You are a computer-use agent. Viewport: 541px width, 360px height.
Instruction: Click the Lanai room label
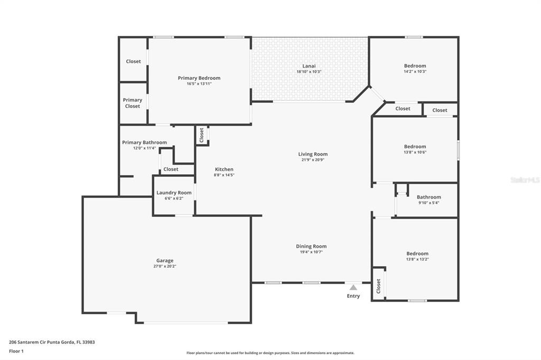tap(309, 66)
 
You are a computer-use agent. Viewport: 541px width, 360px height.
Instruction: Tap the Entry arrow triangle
tap(353, 287)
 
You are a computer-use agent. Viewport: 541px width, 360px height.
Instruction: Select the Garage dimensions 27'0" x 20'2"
tap(165, 266)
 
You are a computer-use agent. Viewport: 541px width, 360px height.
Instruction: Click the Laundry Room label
tap(174, 193)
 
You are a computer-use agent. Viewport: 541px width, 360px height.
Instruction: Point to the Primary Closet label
tap(133, 103)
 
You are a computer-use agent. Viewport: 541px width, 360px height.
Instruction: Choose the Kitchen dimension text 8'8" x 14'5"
tap(224, 175)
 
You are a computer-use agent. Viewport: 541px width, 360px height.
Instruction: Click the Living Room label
tap(313, 154)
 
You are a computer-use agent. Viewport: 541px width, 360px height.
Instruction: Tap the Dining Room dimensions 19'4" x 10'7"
tap(311, 252)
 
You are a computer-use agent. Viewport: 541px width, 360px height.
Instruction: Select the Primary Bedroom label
tap(199, 78)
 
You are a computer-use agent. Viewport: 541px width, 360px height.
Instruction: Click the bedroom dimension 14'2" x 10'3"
tap(415, 71)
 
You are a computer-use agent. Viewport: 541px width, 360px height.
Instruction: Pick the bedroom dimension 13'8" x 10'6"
tap(415, 152)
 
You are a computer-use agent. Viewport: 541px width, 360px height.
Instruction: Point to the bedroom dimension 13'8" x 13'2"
tap(417, 259)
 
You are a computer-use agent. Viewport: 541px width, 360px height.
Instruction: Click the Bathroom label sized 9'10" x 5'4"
tap(429, 197)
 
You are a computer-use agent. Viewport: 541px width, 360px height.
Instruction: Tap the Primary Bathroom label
tap(145, 143)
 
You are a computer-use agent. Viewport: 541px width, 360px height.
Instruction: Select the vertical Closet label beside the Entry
tap(378, 286)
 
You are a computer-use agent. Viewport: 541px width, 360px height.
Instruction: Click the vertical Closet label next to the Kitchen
tap(201, 135)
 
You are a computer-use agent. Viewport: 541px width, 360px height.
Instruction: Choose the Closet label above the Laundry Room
tap(171, 169)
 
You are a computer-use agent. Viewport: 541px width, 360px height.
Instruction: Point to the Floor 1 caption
tap(16, 351)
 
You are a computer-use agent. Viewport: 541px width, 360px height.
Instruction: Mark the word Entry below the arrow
tap(353, 296)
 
